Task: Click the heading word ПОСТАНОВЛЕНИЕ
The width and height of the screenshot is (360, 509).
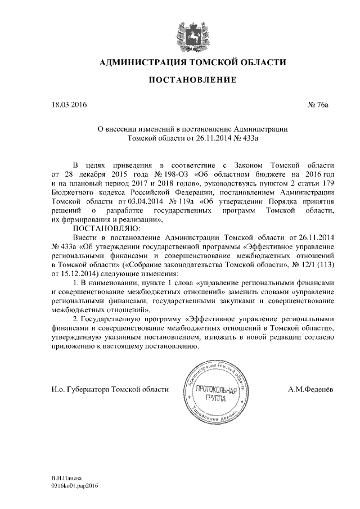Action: (x=180, y=80)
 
